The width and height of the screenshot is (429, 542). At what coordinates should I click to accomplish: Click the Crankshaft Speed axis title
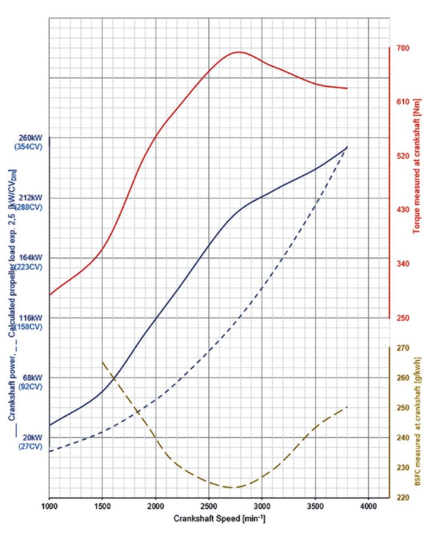[x=219, y=519]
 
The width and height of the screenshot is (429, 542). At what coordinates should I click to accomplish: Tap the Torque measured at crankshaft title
[x=416, y=159]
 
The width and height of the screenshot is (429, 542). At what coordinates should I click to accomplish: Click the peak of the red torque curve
[x=239, y=52]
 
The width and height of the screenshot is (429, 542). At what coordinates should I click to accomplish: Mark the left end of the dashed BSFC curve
[x=102, y=362]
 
